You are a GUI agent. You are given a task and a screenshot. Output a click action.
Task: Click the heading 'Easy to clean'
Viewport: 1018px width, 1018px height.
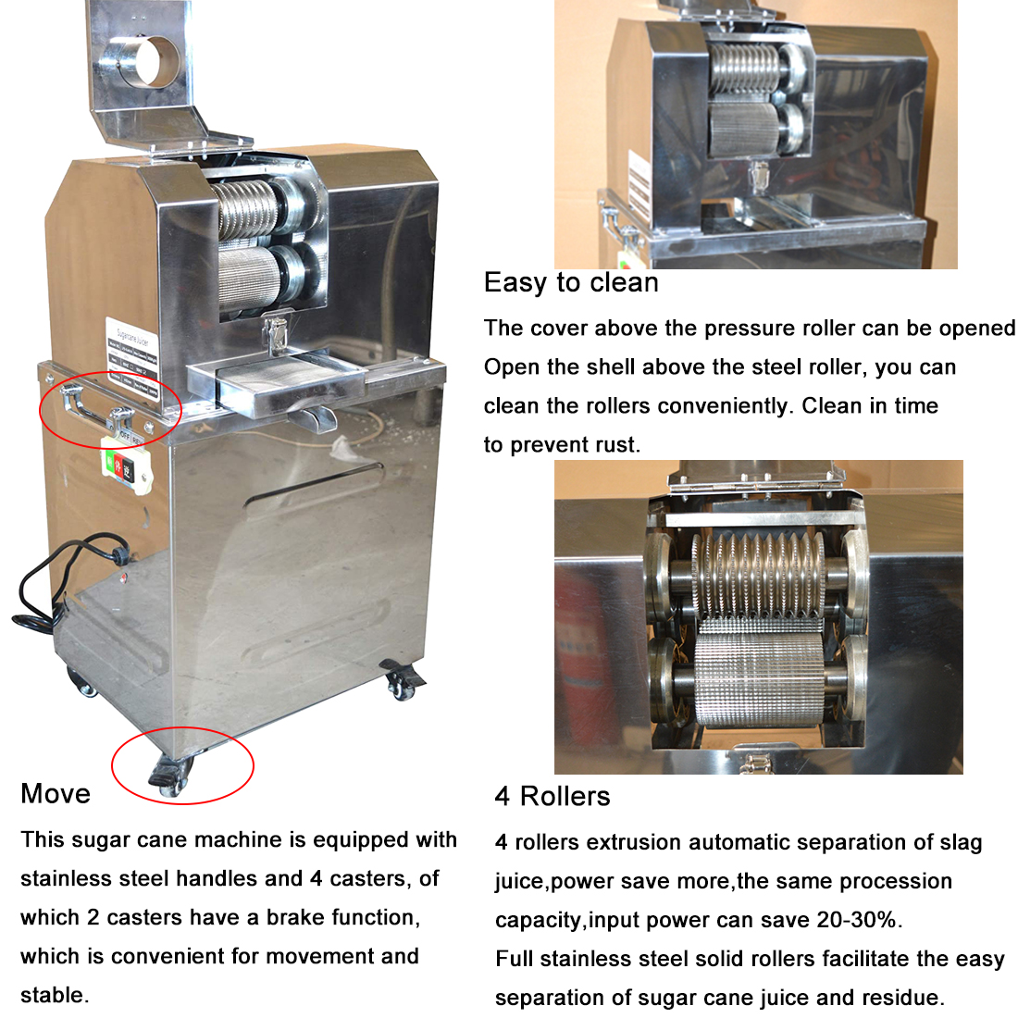click(x=571, y=283)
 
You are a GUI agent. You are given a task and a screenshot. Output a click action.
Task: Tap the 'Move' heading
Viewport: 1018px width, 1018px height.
click(x=56, y=793)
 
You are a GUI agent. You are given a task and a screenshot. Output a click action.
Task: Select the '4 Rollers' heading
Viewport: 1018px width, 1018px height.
click(x=552, y=796)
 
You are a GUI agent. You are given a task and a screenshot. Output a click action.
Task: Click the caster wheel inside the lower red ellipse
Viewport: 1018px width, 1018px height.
click(x=171, y=777)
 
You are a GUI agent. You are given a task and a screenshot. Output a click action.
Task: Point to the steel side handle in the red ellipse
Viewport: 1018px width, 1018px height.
click(x=97, y=409)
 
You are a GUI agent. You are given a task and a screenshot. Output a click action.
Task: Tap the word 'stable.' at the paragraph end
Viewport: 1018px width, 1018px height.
click(x=55, y=995)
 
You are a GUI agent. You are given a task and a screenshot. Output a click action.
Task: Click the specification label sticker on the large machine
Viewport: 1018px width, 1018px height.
click(x=132, y=358)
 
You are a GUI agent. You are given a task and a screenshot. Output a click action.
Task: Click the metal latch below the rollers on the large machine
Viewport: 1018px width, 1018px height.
click(x=275, y=335)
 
